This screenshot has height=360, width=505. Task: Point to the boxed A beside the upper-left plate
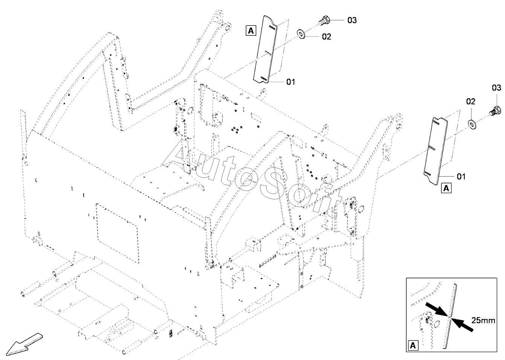(x=251, y=30)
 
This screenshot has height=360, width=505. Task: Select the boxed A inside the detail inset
(x=413, y=345)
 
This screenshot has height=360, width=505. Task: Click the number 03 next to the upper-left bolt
(x=352, y=20)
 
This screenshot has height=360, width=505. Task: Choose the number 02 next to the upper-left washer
(x=326, y=37)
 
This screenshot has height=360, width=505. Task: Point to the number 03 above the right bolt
(x=496, y=88)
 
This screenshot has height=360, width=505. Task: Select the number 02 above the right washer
(x=471, y=102)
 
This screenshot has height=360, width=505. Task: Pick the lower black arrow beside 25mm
(x=463, y=325)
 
